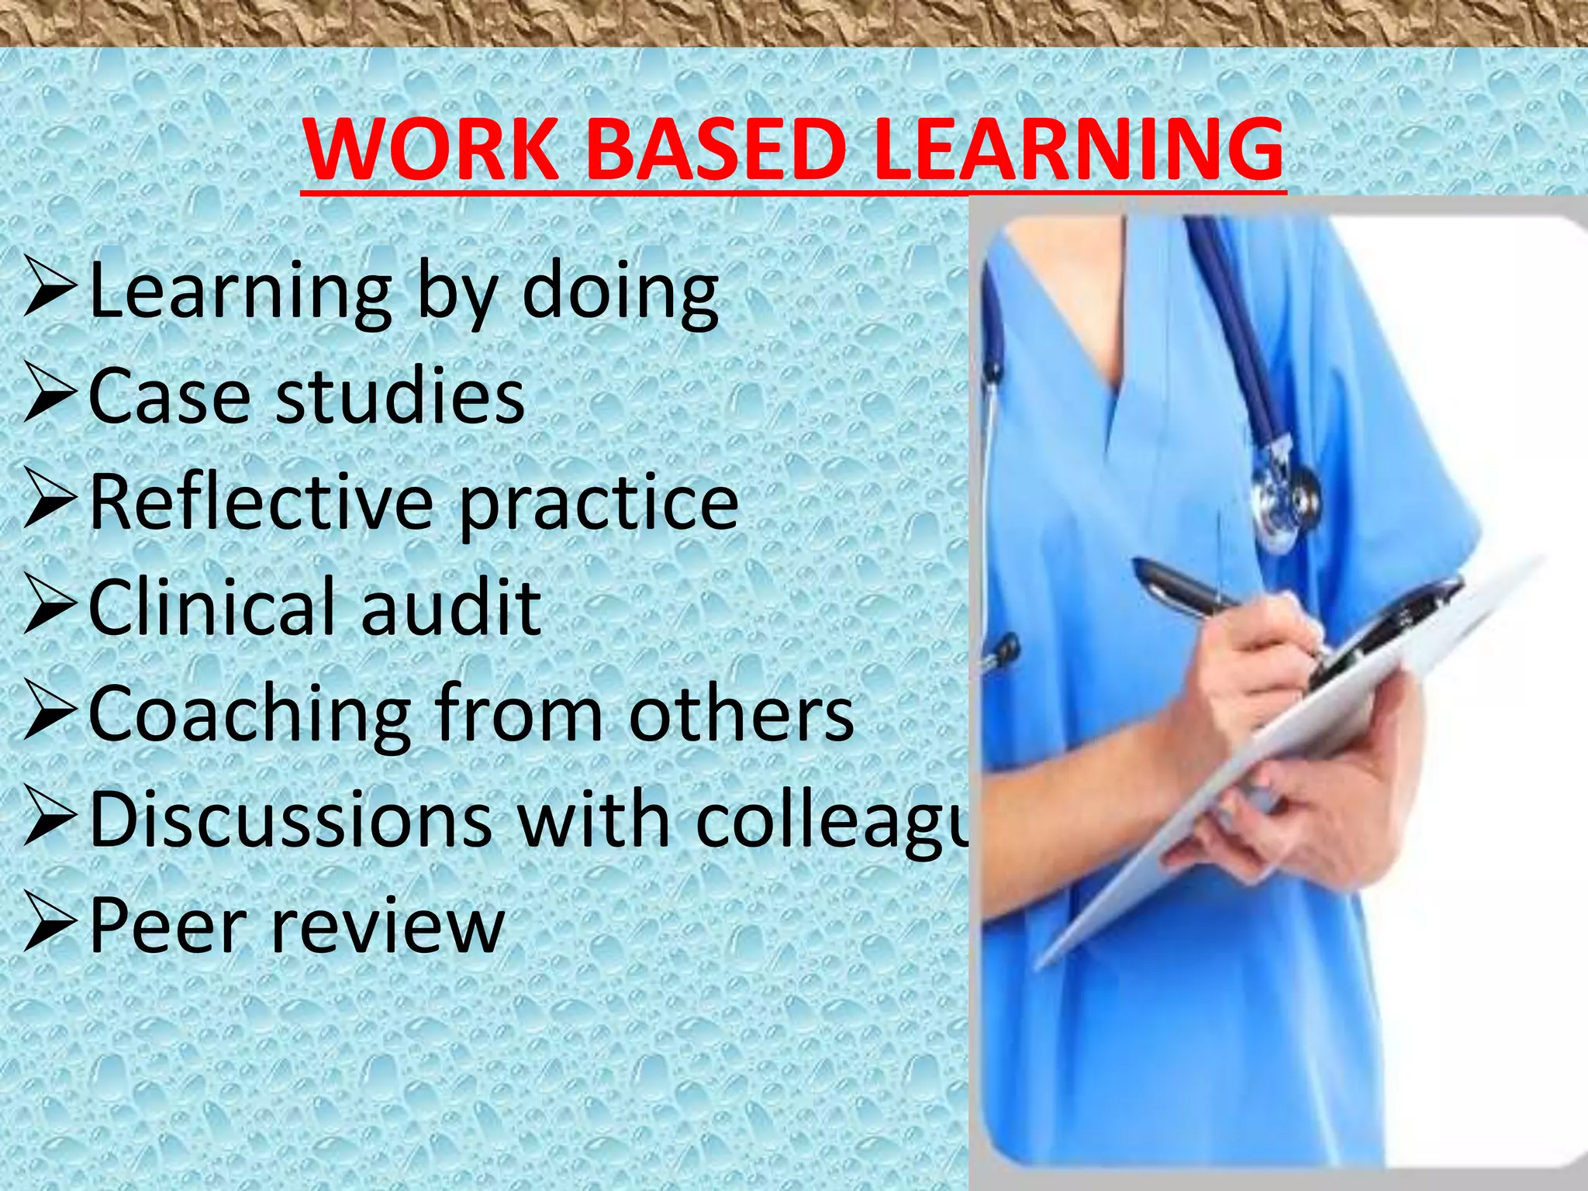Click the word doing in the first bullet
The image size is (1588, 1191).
[620, 293]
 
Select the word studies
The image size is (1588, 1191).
[400, 396]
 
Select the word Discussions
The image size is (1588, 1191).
[291, 820]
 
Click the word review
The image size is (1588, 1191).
[388, 927]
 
